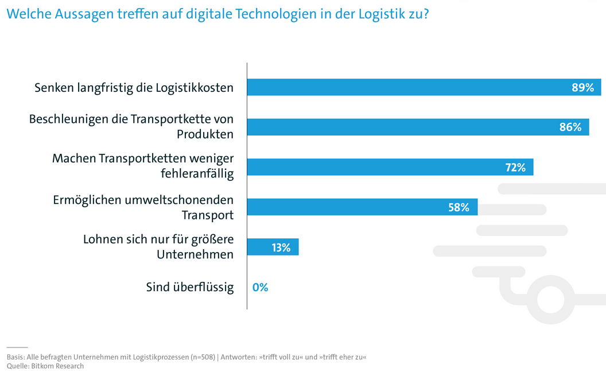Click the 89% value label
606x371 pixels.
(x=582, y=87)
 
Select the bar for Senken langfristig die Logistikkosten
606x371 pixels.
(x=402, y=87)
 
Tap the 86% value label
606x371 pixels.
(x=570, y=127)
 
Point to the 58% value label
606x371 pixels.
(x=459, y=207)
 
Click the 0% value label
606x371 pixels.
(x=260, y=287)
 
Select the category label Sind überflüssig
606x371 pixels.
(x=189, y=287)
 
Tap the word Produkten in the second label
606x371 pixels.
(x=205, y=134)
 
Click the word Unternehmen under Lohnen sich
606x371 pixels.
(x=195, y=254)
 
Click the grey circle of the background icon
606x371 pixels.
(x=551, y=300)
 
